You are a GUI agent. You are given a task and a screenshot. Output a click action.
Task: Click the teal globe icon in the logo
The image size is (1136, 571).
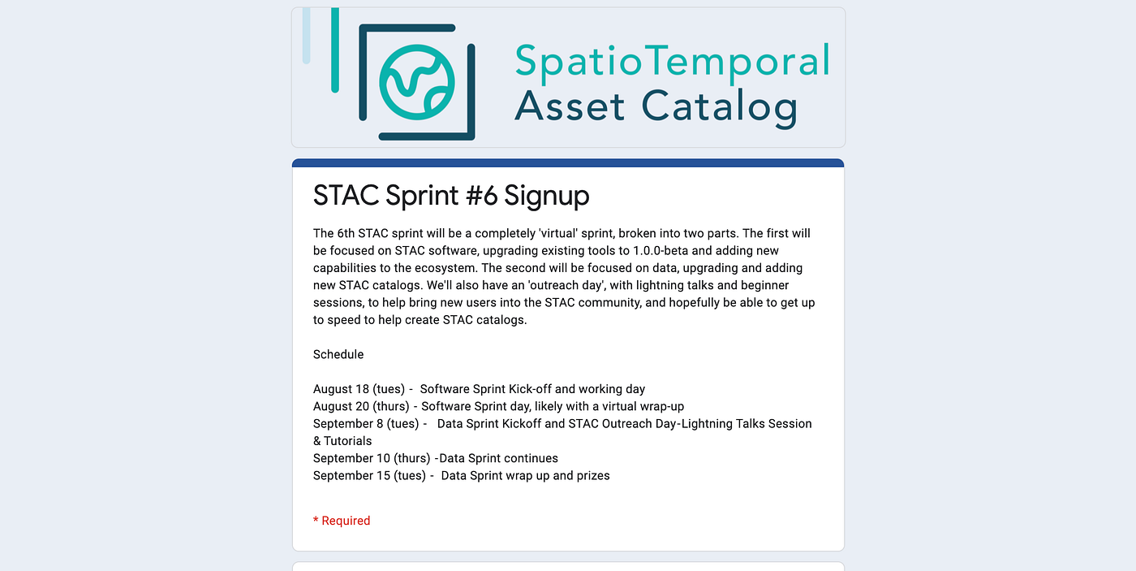[x=417, y=82]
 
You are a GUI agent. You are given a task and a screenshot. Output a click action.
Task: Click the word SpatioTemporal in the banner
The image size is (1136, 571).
[x=673, y=62]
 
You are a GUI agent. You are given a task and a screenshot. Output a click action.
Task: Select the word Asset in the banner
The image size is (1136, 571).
[x=569, y=106]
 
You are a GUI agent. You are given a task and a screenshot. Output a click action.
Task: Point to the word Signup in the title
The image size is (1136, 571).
[x=547, y=197]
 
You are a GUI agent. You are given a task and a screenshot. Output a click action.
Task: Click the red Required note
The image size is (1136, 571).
[x=342, y=521]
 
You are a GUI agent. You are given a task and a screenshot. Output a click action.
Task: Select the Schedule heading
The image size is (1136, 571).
[x=338, y=354]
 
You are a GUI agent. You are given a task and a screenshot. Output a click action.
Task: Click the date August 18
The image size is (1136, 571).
[x=341, y=389]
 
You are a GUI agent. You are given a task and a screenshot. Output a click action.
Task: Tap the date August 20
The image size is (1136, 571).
[x=341, y=407]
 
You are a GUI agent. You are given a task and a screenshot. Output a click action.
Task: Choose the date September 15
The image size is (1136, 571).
[x=351, y=476]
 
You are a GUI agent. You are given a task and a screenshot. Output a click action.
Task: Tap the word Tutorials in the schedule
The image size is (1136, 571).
[x=348, y=441]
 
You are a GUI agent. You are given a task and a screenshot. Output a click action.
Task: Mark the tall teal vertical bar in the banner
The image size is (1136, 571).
[x=334, y=50]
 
